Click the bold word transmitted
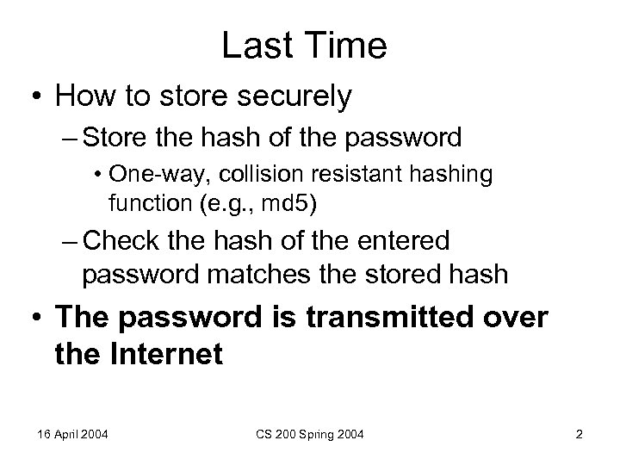[395, 318]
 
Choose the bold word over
[514, 318]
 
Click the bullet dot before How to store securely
[34, 97]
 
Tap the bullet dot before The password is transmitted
[34, 318]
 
